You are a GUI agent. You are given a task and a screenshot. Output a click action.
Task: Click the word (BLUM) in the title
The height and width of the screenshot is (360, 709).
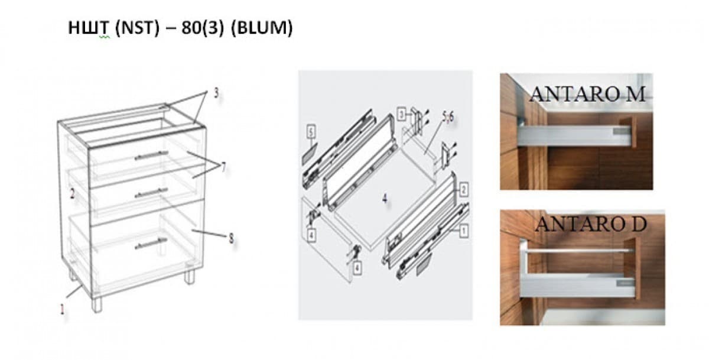tap(262, 29)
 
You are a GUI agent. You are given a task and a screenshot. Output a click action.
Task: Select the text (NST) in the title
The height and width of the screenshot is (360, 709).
tap(137, 29)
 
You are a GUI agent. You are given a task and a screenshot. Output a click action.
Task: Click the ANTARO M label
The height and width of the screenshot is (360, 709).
tap(587, 94)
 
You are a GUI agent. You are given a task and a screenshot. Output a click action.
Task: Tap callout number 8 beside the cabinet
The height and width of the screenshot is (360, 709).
tap(231, 238)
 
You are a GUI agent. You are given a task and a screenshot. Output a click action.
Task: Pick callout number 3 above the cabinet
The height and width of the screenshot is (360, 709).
tap(216, 93)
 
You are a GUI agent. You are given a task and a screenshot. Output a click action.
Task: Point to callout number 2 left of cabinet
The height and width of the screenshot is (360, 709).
tap(72, 193)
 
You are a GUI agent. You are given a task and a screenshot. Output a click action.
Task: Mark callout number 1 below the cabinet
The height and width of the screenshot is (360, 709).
tap(63, 308)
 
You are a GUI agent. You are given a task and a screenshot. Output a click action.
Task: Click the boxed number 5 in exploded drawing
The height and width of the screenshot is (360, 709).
tap(311, 131)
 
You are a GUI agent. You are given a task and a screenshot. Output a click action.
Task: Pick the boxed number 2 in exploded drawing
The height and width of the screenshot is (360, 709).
tap(464, 190)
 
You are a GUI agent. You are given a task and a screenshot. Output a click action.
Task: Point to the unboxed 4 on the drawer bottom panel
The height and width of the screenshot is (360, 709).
tap(385, 199)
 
